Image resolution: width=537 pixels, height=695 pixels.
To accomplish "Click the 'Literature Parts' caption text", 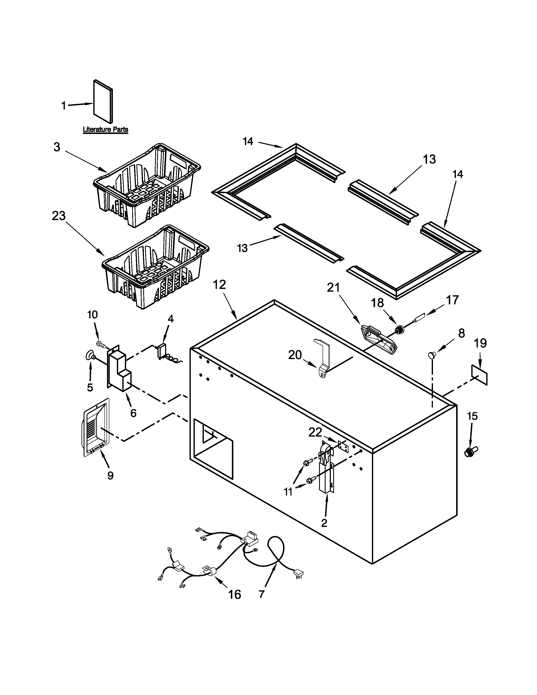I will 105,130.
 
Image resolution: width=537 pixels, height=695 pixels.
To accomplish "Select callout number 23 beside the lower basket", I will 59,216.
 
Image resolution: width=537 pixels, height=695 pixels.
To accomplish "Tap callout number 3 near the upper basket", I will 57,147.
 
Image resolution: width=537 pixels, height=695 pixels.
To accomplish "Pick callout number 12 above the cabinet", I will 219,285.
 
